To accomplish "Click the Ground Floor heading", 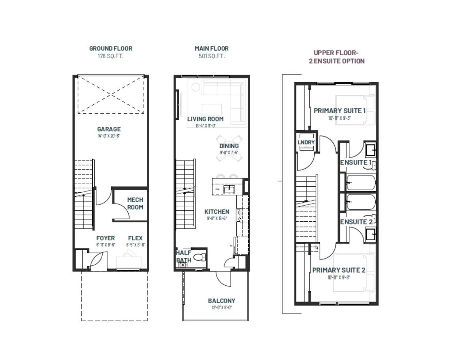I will coord(111,48).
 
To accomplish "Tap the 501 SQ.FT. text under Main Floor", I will coord(212,56).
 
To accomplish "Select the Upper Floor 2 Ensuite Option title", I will coord(336,57).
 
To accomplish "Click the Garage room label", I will coord(109,129).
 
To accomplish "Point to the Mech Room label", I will coord(135,203).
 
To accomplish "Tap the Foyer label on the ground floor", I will coord(106,238).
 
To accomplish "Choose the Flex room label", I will coord(135,238).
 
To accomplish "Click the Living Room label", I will coord(205,119).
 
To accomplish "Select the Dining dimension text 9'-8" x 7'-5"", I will coord(229,153).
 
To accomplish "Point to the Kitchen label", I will coord(217,211).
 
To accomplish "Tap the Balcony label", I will coord(221,301).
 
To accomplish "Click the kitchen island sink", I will coord(229,189).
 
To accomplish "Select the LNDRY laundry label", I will coord(306,142).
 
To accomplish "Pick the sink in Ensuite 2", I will coord(371,234).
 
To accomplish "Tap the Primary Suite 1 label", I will coord(339,111).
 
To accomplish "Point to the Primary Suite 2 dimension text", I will coord(339,277).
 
